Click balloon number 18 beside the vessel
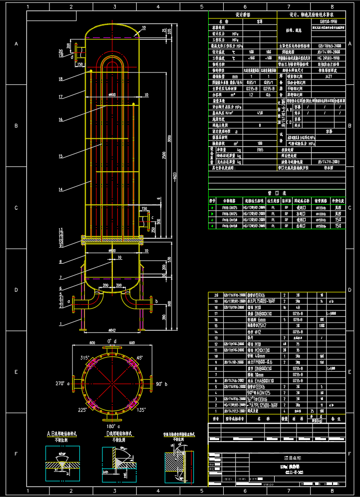60,78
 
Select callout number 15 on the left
60,157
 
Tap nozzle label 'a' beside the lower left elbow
68,302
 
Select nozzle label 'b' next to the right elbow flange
157,302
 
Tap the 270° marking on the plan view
60,384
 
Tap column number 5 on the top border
202,7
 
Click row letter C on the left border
16,208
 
